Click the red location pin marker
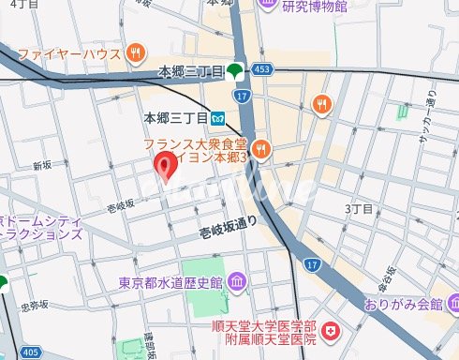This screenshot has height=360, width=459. pyautogui.click(x=167, y=167)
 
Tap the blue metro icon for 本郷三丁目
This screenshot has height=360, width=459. pyautogui.click(x=217, y=118)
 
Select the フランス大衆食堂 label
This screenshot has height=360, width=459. pyautogui.click(x=196, y=145)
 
